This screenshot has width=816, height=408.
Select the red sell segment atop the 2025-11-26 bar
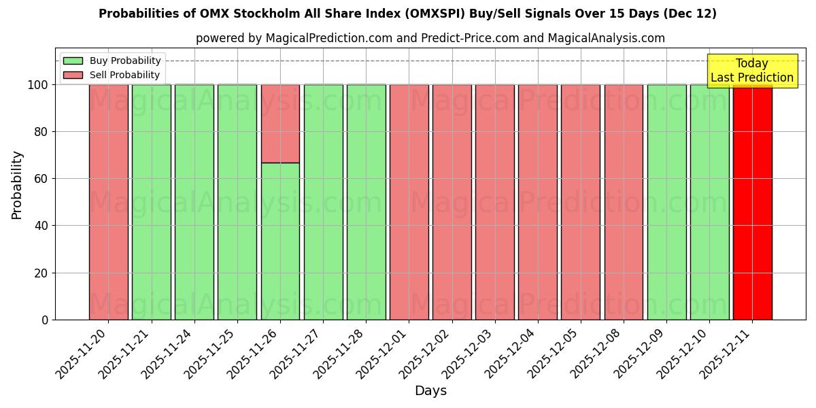[x=280, y=123]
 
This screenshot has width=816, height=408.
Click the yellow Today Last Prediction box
[x=751, y=71]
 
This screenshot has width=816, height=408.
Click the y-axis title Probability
[x=17, y=184]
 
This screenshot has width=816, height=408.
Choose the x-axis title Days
[x=430, y=391]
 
